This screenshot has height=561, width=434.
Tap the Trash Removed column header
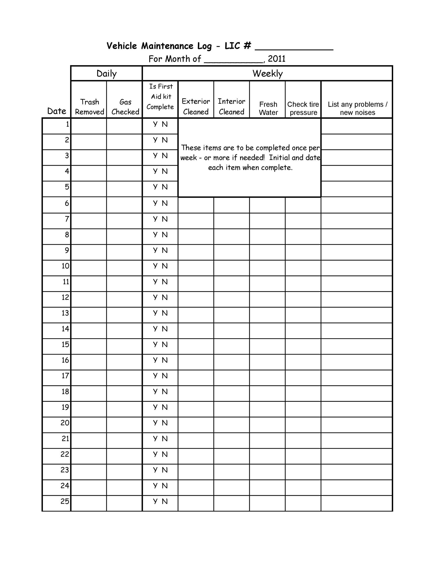click(89, 107)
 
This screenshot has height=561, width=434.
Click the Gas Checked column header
click(125, 107)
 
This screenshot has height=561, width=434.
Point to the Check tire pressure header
click(303, 108)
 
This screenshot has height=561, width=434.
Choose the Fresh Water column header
click(268, 108)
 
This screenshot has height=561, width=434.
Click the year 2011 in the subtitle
click(277, 59)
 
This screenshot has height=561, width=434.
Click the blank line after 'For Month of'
click(233, 61)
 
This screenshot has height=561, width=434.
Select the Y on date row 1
click(155, 124)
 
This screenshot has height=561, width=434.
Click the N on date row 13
click(165, 313)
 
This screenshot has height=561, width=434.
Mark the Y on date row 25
click(155, 501)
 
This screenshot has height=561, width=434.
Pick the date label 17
click(65, 376)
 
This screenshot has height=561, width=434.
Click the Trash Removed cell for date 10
click(89, 268)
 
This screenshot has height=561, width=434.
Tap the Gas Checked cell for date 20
click(124, 425)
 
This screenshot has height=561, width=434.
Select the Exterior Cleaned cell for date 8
click(196, 237)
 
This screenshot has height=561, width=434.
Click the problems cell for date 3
click(356, 158)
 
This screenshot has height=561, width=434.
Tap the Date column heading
click(57, 111)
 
